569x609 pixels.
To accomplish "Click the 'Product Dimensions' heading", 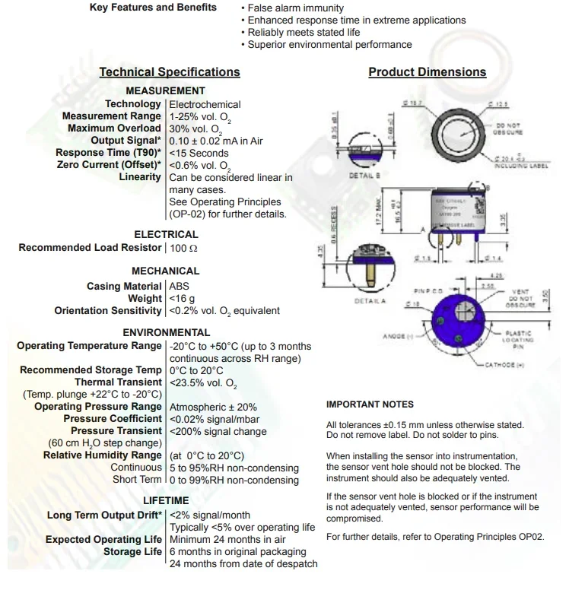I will pyautogui.click(x=427, y=72).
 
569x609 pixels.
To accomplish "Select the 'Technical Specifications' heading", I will pyautogui.click(x=170, y=72).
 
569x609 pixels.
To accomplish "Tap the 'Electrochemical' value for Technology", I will pyautogui.click(x=205, y=104).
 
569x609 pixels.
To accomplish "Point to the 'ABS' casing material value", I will pyautogui.click(x=179, y=286).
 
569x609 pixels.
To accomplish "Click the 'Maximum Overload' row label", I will pyautogui.click(x=114, y=128).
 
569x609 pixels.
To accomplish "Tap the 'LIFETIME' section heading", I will pyautogui.click(x=166, y=500).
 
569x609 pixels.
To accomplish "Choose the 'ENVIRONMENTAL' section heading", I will pyautogui.click(x=166, y=332).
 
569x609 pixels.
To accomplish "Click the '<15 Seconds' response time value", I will pyautogui.click(x=199, y=153).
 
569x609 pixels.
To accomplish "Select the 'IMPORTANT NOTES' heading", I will pyautogui.click(x=370, y=404).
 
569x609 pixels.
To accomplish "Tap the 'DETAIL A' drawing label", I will pyautogui.click(x=370, y=302).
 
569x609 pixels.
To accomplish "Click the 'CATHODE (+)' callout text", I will pyautogui.click(x=505, y=366).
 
